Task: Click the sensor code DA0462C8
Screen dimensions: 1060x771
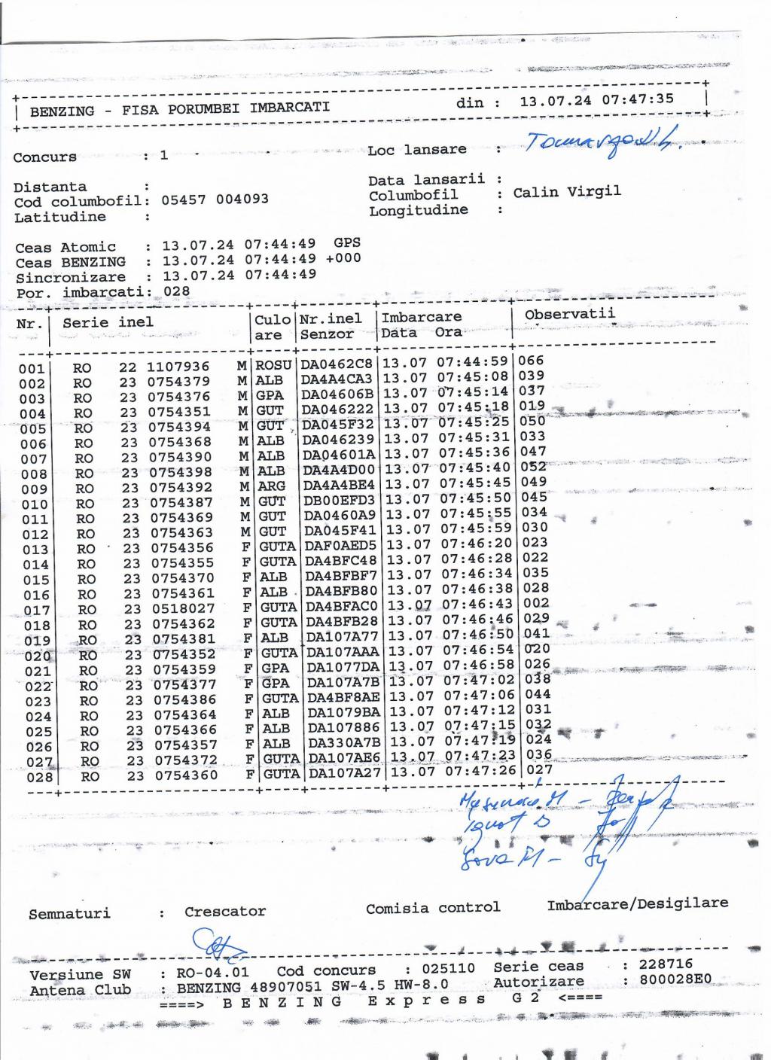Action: tap(337, 364)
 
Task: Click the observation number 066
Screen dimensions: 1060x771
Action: tap(531, 361)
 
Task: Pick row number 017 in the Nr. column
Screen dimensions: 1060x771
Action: tap(36, 611)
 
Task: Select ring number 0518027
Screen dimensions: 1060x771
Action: tap(184, 608)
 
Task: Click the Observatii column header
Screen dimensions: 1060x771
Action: tap(569, 314)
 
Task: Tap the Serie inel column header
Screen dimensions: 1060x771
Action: tap(108, 322)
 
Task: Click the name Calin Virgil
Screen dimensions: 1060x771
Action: tap(567, 192)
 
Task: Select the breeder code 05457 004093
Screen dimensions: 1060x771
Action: tap(215, 200)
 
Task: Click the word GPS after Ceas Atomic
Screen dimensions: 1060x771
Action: tap(347, 242)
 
